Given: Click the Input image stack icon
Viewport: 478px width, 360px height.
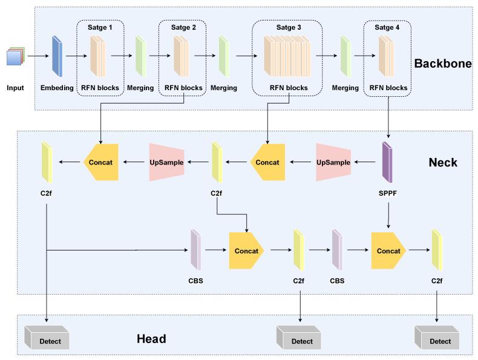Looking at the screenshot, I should [15, 57].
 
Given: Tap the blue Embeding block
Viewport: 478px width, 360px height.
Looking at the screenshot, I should [57, 56].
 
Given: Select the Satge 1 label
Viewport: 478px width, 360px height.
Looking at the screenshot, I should [100, 27].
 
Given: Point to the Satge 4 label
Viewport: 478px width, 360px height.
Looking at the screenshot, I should [387, 27].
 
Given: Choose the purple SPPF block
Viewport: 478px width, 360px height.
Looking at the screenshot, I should [387, 162].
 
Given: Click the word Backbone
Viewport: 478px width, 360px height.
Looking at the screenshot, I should [443, 64].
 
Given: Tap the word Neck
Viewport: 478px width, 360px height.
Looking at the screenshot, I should [443, 162].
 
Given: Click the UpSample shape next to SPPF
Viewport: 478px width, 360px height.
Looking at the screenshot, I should [333, 162].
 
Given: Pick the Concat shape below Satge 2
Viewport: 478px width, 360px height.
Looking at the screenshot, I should [100, 162].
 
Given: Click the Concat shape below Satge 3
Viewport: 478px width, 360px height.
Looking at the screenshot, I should [266, 162].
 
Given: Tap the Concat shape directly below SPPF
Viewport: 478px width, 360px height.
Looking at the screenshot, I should [388, 250].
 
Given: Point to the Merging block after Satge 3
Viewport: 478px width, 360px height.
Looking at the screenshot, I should [345, 56].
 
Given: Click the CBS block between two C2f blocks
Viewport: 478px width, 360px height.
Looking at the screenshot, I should [337, 250].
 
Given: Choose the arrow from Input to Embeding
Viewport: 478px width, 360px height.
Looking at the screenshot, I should [36, 56].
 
